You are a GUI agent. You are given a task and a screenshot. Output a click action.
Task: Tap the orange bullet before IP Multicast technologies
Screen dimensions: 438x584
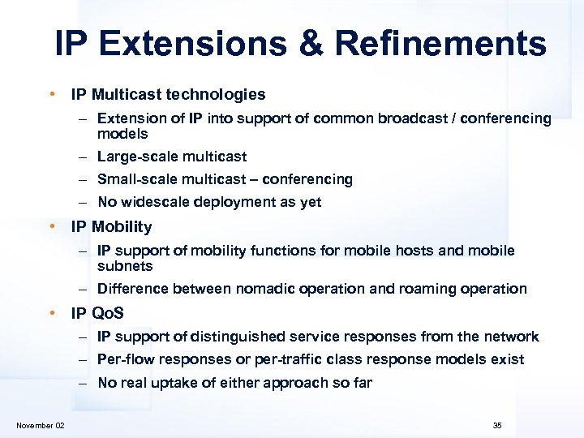coord(52,95)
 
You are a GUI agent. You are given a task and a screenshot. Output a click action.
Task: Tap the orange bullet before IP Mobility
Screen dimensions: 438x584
coord(52,227)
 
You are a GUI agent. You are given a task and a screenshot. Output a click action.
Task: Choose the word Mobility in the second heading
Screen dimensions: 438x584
coord(122,227)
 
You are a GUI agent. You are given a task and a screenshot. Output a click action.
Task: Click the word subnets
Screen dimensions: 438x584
coord(125,266)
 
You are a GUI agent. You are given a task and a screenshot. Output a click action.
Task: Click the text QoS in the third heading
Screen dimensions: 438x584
coord(108,313)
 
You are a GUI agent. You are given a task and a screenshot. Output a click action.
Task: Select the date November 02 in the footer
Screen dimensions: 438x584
coord(41,426)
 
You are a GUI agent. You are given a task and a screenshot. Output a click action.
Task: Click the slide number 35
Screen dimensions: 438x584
coord(497,426)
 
